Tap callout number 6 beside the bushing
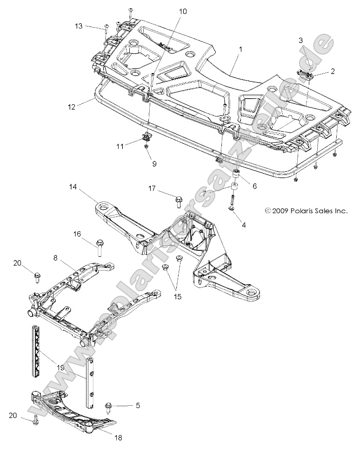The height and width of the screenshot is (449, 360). coord(254,185)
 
